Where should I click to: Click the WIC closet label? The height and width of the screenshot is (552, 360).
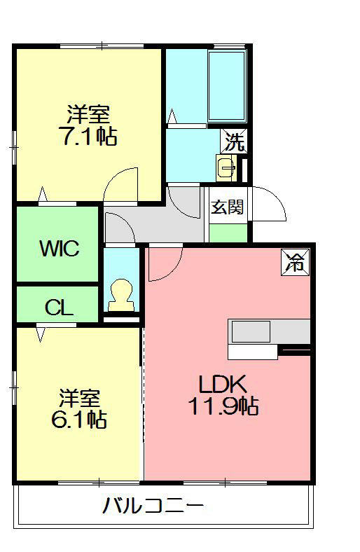click(59, 248)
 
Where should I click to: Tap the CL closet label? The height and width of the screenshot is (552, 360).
click(59, 307)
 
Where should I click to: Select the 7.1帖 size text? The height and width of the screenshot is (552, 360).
click(88, 136)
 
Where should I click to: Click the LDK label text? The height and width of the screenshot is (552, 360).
click(222, 384)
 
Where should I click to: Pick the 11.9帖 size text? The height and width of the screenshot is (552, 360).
click(222, 406)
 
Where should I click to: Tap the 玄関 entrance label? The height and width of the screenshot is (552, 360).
click(228, 207)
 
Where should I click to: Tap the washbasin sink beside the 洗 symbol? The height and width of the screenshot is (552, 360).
click(226, 168)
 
